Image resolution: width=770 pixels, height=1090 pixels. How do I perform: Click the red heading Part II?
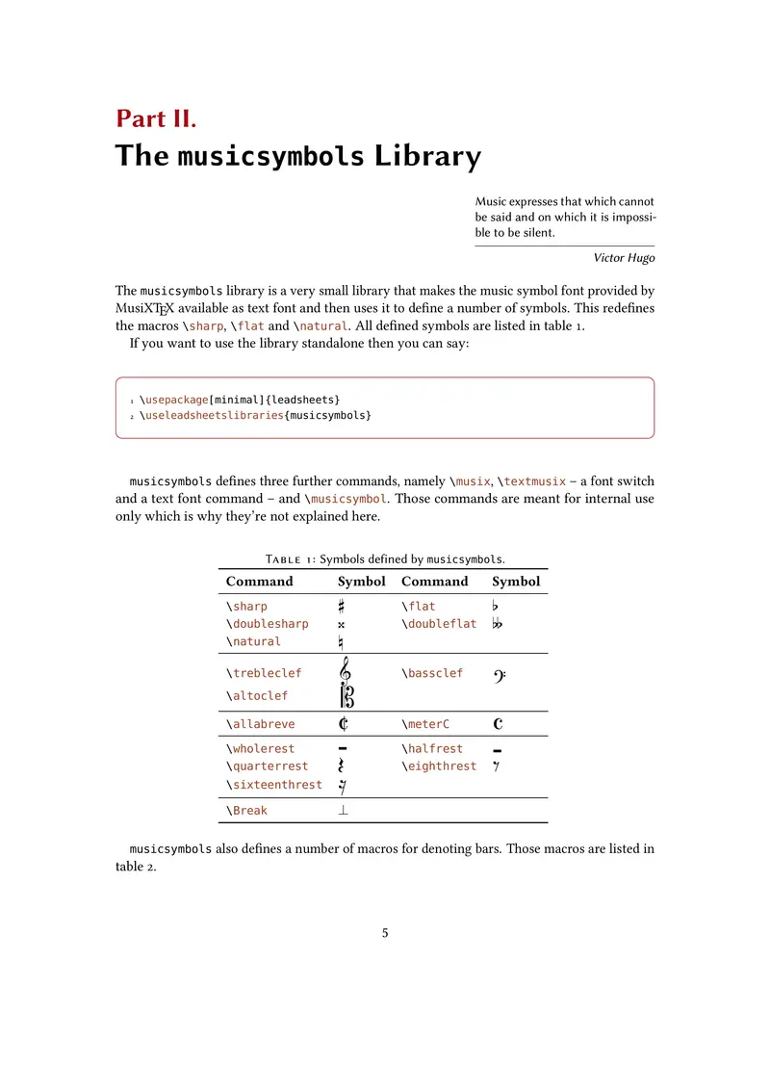[156, 118]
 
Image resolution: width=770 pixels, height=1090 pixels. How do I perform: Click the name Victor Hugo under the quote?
[624, 258]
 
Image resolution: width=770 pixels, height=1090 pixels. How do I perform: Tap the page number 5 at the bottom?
[385, 933]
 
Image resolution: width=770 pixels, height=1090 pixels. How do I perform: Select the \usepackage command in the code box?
[174, 399]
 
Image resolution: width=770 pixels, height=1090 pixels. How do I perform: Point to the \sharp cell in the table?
[247, 607]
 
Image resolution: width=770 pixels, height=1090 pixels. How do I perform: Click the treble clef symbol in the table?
[344, 671]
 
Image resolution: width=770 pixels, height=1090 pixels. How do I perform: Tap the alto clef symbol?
[346, 695]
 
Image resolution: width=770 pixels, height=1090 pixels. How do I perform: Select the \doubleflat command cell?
[439, 624]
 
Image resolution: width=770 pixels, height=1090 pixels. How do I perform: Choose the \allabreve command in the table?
[261, 724]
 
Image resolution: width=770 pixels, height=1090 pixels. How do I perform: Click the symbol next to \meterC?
[499, 724]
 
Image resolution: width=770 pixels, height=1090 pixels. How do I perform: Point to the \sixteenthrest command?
[274, 785]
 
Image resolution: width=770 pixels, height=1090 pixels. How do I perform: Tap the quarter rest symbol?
[342, 766]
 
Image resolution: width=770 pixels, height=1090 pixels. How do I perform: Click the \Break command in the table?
[247, 811]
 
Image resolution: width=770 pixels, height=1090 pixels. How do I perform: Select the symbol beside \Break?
[343, 811]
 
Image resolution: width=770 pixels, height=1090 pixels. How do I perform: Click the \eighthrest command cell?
[439, 766]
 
